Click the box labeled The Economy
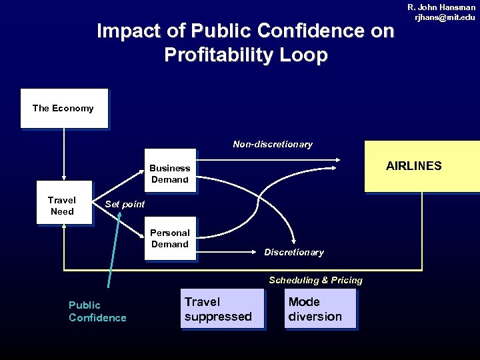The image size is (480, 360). (64, 108)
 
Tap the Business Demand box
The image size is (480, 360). (170, 173)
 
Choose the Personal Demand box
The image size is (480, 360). (170, 238)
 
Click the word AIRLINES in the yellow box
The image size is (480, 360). (413, 166)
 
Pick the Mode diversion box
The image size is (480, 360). (319, 309)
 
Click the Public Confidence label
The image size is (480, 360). (97, 311)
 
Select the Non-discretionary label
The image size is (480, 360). (272, 144)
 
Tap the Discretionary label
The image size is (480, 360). (293, 252)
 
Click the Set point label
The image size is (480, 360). (125, 204)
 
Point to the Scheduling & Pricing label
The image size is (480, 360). (315, 280)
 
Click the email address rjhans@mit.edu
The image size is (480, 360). (445, 17)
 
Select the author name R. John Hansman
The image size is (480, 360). (441, 7)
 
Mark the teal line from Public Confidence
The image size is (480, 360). (114, 247)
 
